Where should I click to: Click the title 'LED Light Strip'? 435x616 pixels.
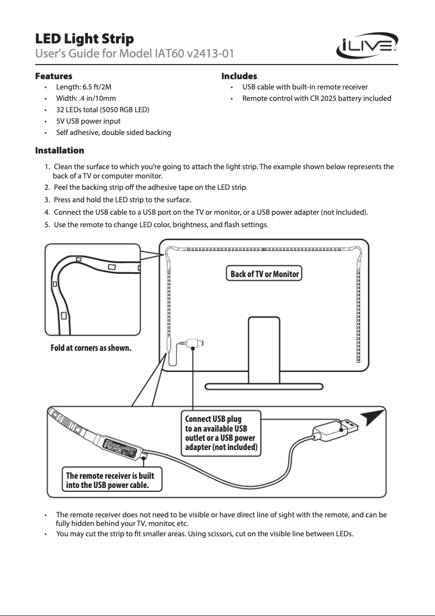84,39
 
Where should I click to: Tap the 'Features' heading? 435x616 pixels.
54,76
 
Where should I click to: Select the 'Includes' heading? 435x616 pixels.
239,76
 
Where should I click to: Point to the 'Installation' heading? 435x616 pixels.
60,150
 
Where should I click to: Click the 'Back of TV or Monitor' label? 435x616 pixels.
265,274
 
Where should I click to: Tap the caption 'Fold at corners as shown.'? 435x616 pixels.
91,348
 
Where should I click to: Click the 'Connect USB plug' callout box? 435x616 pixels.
222,434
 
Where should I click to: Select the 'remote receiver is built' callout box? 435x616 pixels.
113,480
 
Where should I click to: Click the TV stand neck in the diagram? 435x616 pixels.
264,350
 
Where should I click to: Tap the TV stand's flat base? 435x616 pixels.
264,387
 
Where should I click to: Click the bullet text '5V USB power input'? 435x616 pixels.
88,121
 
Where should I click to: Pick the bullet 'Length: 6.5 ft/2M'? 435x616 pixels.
84,87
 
